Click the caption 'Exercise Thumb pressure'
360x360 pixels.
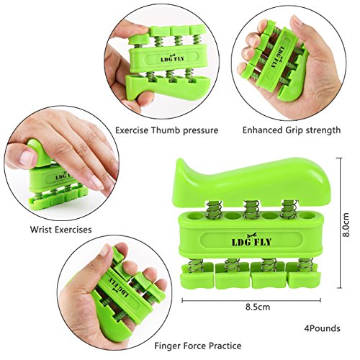(166, 130)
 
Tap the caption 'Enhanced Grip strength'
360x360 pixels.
(291, 130)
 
